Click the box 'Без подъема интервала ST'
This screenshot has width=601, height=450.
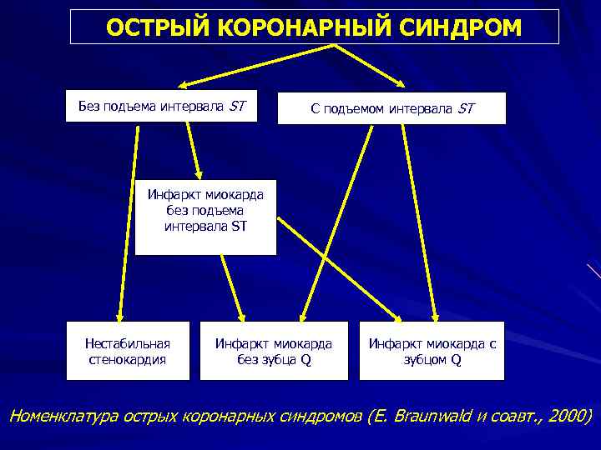[x=161, y=106]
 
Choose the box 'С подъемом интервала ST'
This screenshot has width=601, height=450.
[x=391, y=108]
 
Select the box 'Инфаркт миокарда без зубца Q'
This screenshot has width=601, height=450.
[x=274, y=351]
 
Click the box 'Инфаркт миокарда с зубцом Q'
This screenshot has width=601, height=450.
[x=432, y=351]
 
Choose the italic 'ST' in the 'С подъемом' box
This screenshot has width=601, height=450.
[x=465, y=108]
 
